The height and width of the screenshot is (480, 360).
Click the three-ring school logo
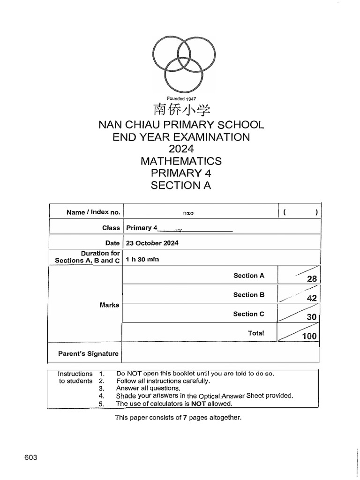coord(180,64)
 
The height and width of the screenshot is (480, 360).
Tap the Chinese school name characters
coord(180,111)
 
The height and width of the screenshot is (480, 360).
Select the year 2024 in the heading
coord(181,150)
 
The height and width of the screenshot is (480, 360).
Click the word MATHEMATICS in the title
coord(181,161)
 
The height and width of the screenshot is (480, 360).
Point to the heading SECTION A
coord(181,186)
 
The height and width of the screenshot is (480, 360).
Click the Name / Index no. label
coord(93,212)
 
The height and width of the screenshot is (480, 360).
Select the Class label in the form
coord(111,228)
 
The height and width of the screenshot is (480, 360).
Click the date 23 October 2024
coord(152,243)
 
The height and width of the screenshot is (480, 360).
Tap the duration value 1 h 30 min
coord(144,260)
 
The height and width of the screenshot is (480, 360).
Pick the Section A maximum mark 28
coord(312,279)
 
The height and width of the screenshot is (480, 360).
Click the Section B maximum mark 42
coord(312,298)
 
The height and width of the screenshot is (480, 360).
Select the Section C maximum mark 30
coord(312,317)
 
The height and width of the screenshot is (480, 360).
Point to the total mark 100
coord(309,336)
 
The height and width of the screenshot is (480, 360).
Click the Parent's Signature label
coord(88,353)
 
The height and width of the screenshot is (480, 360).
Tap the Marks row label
coord(109,305)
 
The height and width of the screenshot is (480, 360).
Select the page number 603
coord(30,457)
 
